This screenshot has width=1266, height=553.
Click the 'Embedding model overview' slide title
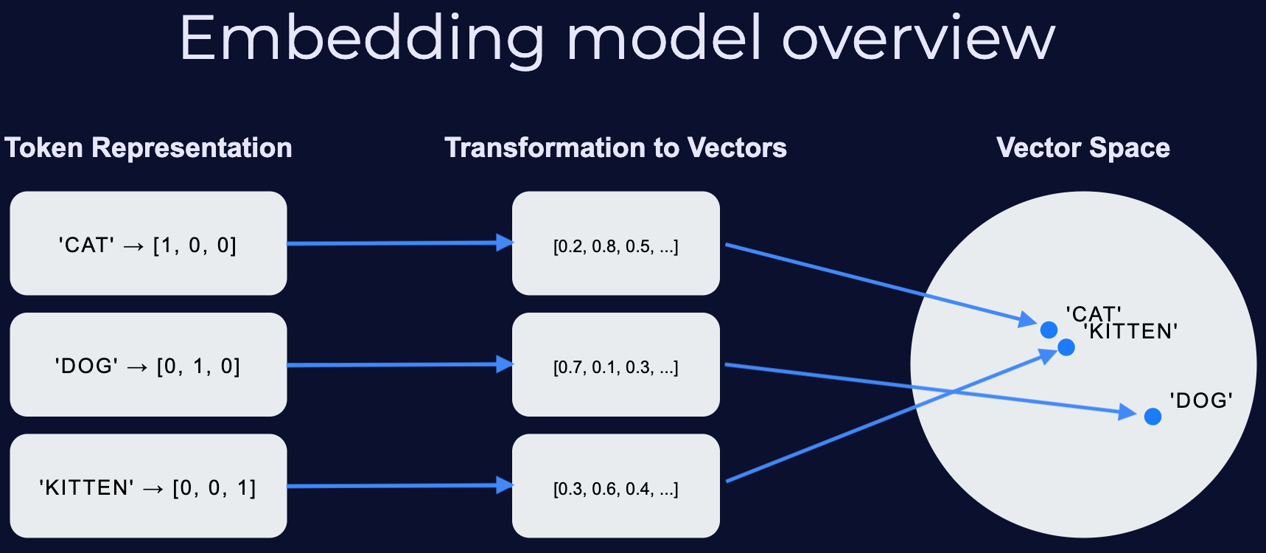click(618, 38)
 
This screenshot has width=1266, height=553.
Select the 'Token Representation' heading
click(148, 147)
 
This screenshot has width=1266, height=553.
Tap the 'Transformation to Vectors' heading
click(615, 147)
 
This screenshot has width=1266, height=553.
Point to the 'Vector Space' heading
click(1083, 147)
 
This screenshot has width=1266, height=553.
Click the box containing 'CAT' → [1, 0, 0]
click(148, 243)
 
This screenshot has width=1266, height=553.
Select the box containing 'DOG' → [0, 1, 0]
click(148, 365)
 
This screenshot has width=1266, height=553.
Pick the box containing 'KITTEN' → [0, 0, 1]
click(148, 486)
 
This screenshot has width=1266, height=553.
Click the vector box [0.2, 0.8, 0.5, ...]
click(615, 243)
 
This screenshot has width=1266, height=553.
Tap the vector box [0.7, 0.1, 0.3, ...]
click(615, 365)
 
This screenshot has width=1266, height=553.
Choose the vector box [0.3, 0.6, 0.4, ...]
click(615, 486)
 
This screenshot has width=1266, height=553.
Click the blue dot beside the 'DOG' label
click(1153, 417)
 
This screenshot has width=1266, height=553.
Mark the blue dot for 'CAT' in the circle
click(1049, 329)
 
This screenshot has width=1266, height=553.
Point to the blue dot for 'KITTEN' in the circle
click(1066, 347)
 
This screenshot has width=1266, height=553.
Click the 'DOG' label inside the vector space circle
click(1200, 400)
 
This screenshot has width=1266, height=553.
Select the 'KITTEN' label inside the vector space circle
click(1132, 332)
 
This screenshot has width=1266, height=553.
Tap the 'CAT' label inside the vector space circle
click(1093, 313)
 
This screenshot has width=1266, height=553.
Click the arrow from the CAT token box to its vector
click(398, 243)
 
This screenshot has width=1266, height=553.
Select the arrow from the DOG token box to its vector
click(398, 364)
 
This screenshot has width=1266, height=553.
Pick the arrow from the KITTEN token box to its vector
click(398, 485)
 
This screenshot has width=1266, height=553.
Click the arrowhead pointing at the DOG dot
click(1127, 412)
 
